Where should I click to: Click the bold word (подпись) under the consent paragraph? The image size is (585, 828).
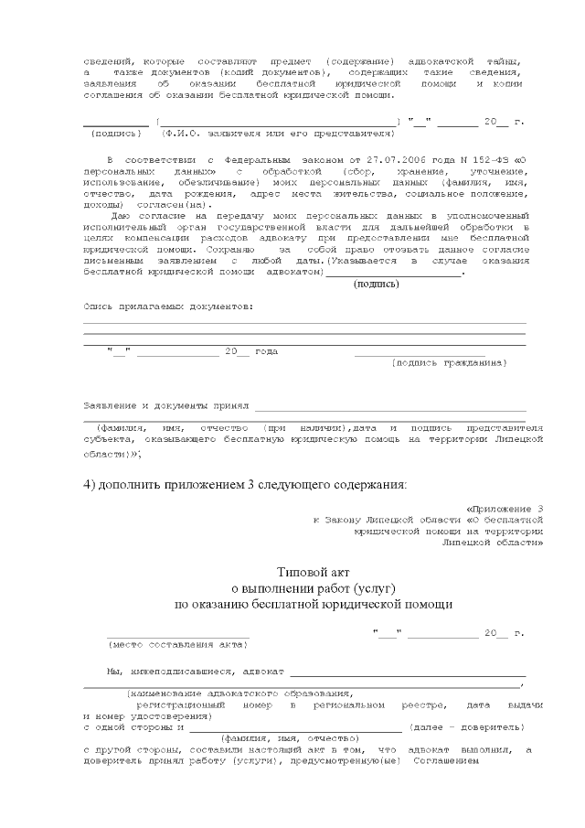tap(376, 284)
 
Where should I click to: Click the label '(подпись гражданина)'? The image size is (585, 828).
tap(448, 362)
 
